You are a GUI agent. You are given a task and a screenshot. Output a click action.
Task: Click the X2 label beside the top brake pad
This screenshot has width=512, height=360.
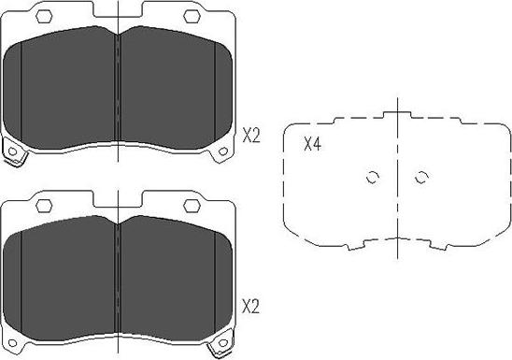tap(251, 136)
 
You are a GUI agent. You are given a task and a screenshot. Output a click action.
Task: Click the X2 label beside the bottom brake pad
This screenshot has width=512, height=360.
tap(250, 307)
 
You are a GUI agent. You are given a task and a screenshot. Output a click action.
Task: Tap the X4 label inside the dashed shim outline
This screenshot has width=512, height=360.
tap(312, 144)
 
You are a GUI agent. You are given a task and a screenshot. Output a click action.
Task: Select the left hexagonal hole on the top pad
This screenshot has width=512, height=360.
tap(44, 16)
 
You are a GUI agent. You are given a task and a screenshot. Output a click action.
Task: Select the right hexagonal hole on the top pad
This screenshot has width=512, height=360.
tap(192, 16)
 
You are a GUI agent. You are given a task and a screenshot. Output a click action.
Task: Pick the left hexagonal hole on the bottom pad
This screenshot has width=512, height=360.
tap(44, 206)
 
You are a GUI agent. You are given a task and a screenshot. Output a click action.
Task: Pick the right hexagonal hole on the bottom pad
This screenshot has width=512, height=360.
tap(192, 206)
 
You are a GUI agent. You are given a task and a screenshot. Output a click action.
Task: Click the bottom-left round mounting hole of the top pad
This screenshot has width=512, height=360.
tap(12, 151)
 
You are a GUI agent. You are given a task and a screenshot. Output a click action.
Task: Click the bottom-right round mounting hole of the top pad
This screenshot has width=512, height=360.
tap(223, 151)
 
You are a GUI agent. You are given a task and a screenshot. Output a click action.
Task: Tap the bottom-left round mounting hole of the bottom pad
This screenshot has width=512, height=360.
tap(12, 343)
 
